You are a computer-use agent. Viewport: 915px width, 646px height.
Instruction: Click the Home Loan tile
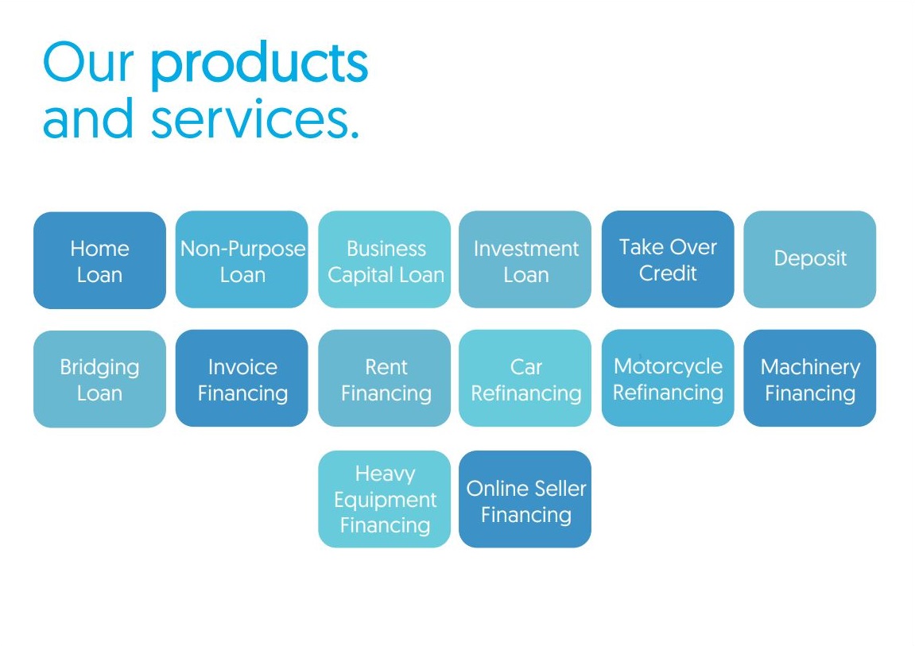(100, 260)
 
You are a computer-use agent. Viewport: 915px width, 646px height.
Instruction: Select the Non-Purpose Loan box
(242, 260)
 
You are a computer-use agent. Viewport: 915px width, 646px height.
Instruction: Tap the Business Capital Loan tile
(385, 260)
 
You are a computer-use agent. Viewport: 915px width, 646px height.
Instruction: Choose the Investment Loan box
(525, 260)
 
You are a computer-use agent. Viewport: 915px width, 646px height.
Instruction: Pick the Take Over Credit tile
(668, 259)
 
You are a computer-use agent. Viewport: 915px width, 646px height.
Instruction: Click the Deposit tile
(810, 260)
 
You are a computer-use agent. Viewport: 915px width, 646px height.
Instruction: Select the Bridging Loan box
(100, 379)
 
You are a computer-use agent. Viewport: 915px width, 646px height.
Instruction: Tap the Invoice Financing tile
(242, 378)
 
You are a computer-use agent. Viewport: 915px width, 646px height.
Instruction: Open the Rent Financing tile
(385, 378)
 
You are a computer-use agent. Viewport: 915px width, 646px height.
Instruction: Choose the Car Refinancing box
(525, 378)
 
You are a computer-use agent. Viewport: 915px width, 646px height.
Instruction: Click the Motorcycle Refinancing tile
(668, 377)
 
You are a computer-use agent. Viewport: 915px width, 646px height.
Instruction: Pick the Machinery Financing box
(810, 378)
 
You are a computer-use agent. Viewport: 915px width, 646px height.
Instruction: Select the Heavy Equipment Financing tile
(385, 499)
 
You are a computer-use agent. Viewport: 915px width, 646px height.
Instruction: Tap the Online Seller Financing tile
(525, 499)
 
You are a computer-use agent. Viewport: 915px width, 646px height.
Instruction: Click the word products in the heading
(260, 64)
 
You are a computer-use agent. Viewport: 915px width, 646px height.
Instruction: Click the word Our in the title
(89, 62)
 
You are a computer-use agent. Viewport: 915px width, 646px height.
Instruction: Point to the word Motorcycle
(668, 367)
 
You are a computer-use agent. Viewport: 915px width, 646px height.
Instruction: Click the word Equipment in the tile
(385, 501)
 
